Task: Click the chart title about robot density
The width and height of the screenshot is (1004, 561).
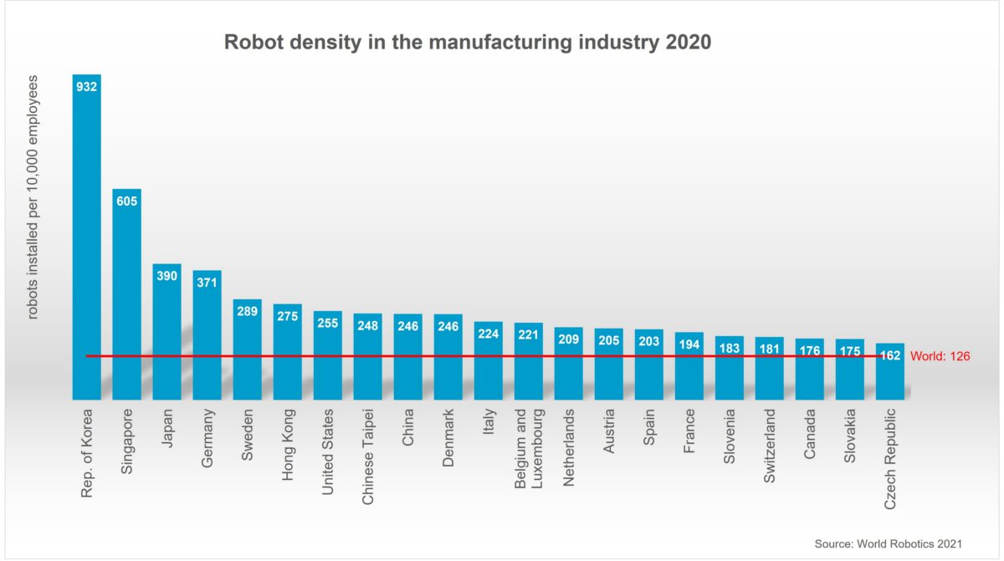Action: coord(467,42)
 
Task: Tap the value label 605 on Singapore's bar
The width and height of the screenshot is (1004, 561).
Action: coord(127,201)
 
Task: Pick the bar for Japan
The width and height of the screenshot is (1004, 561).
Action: coord(167,334)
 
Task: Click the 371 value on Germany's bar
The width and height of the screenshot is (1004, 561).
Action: coord(207,283)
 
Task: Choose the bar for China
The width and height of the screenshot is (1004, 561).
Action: coord(408,360)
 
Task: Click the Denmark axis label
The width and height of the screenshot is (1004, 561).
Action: coord(448,437)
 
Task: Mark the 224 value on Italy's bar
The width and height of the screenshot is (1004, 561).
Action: coord(489,333)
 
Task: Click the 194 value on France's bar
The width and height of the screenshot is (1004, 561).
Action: coord(689,344)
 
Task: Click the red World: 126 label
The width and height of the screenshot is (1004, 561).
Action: coord(940,356)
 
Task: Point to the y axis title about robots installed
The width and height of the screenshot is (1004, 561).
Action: coord(33,196)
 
